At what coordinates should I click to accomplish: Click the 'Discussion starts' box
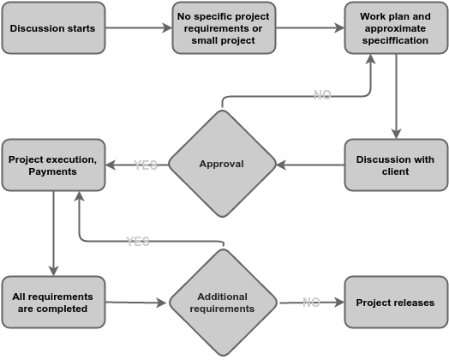pos(52,27)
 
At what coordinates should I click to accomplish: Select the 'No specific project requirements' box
pos(224,27)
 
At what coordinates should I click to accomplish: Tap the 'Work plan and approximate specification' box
pos(395,27)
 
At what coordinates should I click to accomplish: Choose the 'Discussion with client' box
pos(395,165)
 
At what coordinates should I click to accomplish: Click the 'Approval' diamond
pos(222,164)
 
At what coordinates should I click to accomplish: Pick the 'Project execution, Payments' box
pos(52,165)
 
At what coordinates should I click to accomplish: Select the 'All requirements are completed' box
pos(52,302)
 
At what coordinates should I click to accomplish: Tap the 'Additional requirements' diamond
pos(222,302)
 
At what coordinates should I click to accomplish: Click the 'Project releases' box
pos(395,302)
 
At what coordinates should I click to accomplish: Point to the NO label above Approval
pos(322,95)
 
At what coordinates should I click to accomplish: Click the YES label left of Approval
pos(146,165)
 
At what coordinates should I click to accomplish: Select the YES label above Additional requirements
pos(138,241)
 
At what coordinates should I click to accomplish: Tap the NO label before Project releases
pos(311,302)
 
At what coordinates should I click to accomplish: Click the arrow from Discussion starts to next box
pos(138,27)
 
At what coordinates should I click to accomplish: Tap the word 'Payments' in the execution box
pos(52,171)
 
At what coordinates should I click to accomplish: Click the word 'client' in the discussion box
pos(395,171)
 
